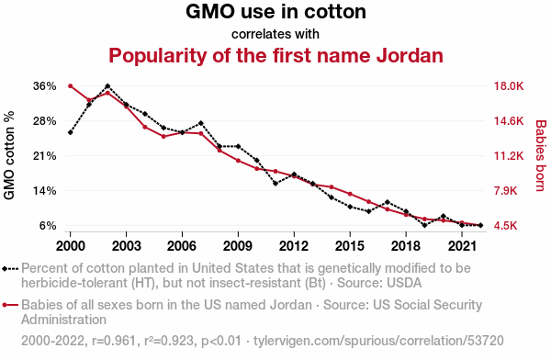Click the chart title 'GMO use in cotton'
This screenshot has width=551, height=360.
(x=275, y=11)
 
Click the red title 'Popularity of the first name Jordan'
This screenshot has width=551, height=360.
(x=275, y=55)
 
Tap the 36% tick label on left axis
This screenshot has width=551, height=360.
(x=45, y=86)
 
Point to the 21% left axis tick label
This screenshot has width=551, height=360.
(x=45, y=156)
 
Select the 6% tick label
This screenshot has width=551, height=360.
(x=48, y=226)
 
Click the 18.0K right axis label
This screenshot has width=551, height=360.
(x=509, y=86)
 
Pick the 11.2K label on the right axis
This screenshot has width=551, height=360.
(x=509, y=156)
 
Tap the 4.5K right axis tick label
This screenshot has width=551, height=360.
(x=505, y=226)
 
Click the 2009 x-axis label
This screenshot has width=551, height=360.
(x=238, y=246)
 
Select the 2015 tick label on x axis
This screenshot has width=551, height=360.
(x=350, y=246)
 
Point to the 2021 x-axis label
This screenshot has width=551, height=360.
(x=462, y=246)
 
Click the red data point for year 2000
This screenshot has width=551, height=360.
(x=71, y=86)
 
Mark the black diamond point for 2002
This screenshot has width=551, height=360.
(x=107, y=85)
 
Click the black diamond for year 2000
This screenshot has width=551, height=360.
(x=71, y=132)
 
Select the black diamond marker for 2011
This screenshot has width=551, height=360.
(x=275, y=184)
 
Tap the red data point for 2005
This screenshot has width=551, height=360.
(x=163, y=137)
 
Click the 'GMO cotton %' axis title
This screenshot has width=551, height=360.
(x=9, y=155)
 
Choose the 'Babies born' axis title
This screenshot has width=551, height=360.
(x=540, y=156)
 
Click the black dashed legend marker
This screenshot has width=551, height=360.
(x=10, y=269)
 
